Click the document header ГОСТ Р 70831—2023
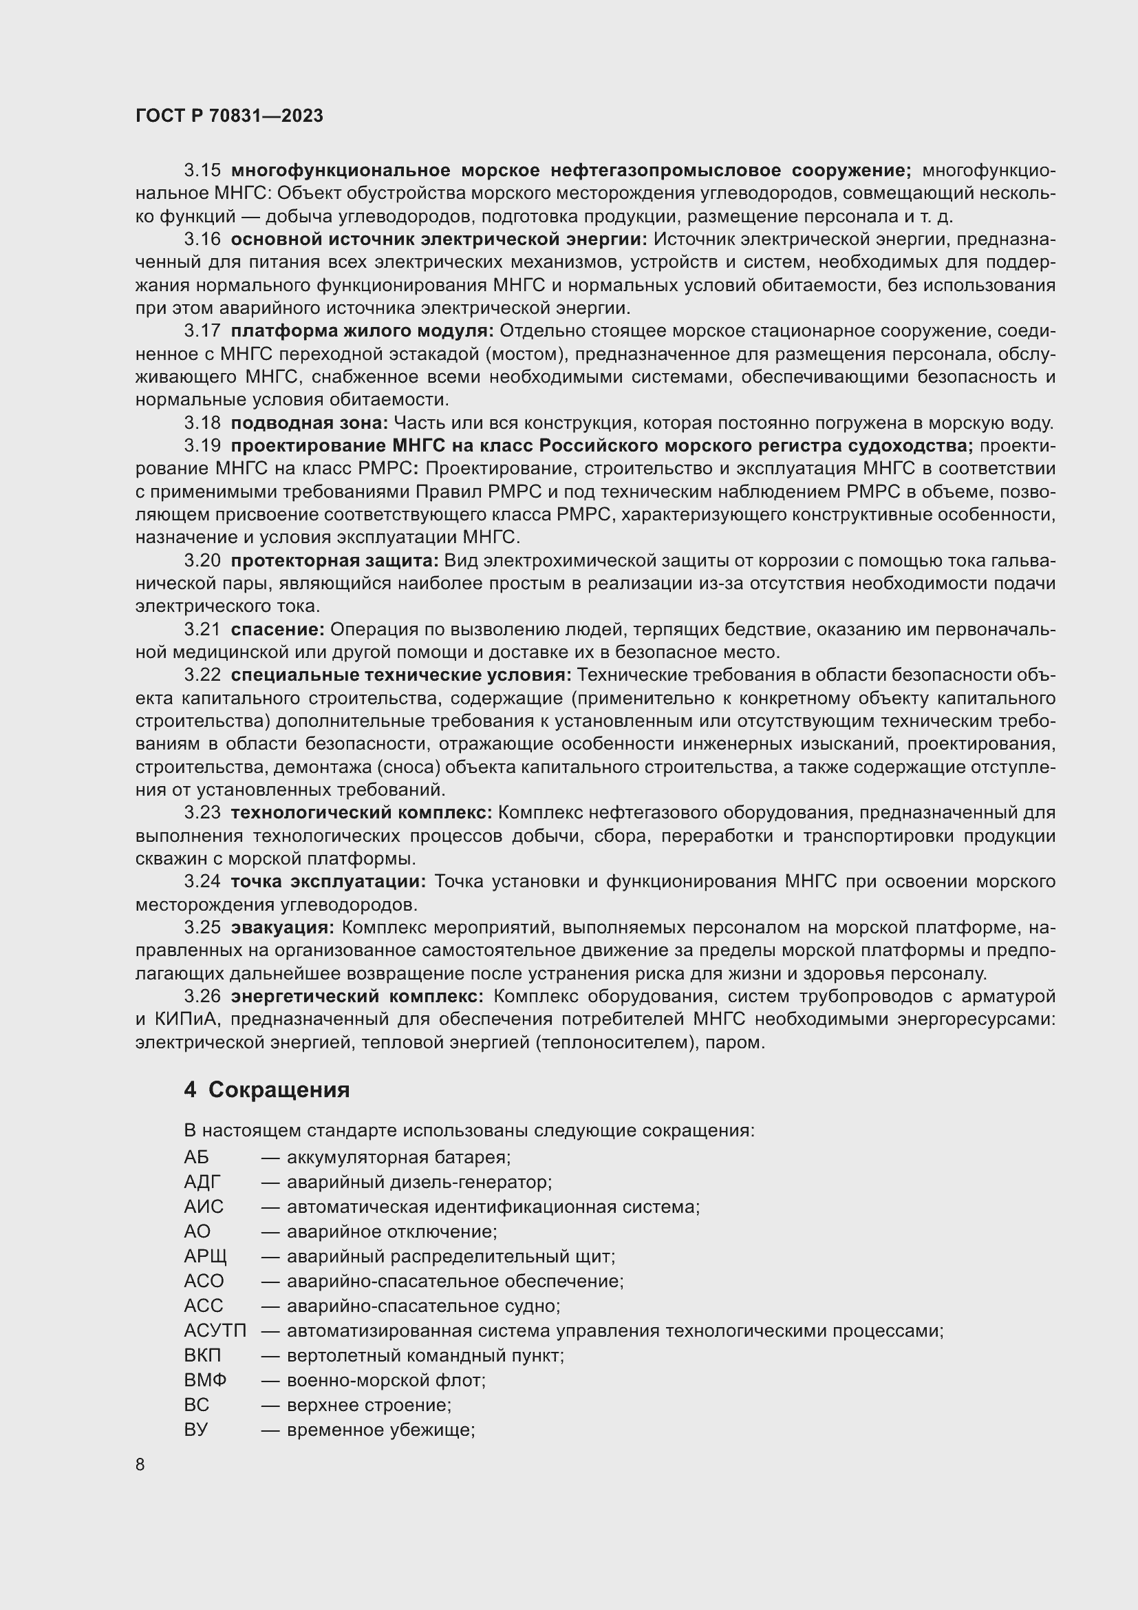click(229, 116)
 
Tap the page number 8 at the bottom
click(140, 1464)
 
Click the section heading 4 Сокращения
click(266, 1089)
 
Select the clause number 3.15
click(202, 171)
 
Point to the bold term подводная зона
click(308, 423)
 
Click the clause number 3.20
click(202, 560)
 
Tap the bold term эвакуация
click(282, 927)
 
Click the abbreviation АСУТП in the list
click(215, 1331)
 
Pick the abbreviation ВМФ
click(205, 1380)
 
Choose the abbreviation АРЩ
click(205, 1256)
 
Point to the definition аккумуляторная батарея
click(398, 1156)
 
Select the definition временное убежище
click(380, 1429)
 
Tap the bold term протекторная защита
click(334, 560)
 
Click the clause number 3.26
click(202, 996)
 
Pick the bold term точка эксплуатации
click(328, 881)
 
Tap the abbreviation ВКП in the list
click(202, 1355)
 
